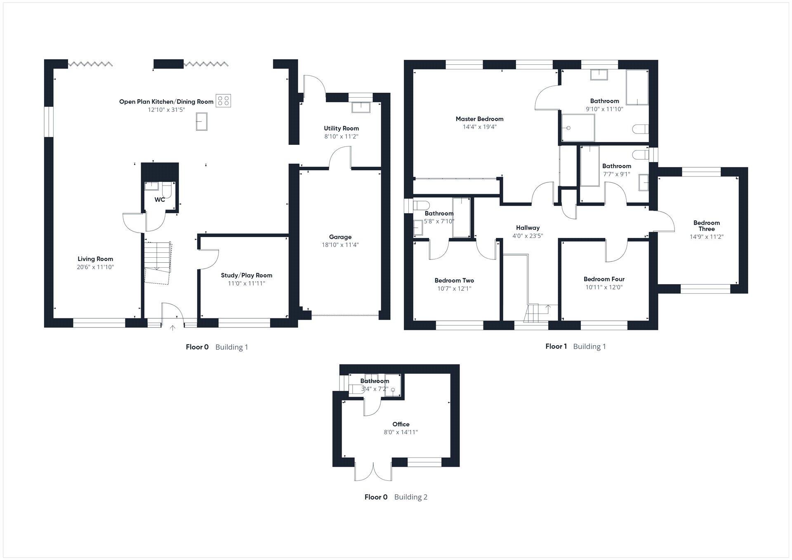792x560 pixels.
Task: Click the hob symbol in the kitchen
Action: point(224,101)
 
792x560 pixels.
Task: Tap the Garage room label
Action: point(340,237)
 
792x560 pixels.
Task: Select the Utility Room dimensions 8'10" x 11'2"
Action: point(341,136)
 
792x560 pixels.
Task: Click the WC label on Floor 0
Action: point(160,200)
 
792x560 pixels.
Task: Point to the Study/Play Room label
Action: point(246,275)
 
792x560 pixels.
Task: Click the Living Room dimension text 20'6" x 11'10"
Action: point(95,267)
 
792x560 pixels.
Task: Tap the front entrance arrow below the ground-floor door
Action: point(173,328)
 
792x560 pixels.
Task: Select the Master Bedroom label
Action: point(479,119)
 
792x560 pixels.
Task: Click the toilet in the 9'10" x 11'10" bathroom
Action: point(639,129)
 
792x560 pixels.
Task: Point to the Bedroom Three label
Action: point(706,226)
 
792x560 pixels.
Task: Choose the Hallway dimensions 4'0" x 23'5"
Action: point(528,236)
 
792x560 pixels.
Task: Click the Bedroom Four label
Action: point(604,279)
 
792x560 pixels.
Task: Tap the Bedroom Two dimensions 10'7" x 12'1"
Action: point(454,289)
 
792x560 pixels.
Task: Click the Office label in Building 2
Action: point(401,424)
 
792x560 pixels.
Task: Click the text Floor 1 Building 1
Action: point(575,346)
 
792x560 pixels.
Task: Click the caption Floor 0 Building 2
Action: point(396,497)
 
